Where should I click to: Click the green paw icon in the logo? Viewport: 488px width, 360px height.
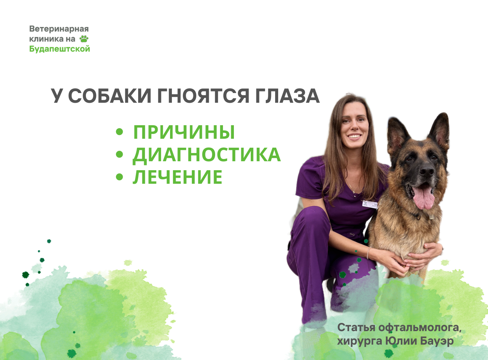[84, 39]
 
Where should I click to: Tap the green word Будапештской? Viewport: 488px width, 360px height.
[60, 49]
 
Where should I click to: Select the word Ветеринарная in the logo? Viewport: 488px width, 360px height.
[59, 29]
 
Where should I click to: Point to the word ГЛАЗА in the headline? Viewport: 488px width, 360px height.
[287, 96]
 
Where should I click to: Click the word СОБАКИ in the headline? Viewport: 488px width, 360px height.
[110, 96]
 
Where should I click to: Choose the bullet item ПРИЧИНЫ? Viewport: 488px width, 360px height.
[184, 132]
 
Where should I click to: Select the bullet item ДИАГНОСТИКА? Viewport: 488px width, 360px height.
[206, 155]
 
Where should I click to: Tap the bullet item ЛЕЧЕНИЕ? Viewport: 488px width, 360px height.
[178, 177]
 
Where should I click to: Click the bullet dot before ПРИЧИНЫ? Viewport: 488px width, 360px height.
[119, 132]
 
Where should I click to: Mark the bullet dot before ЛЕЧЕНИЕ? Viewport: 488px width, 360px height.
[119, 177]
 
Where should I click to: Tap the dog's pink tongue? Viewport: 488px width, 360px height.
[423, 197]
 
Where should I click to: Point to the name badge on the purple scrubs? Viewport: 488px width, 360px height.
[370, 204]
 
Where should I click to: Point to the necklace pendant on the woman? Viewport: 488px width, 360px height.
[354, 192]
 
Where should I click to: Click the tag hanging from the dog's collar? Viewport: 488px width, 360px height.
[431, 217]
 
